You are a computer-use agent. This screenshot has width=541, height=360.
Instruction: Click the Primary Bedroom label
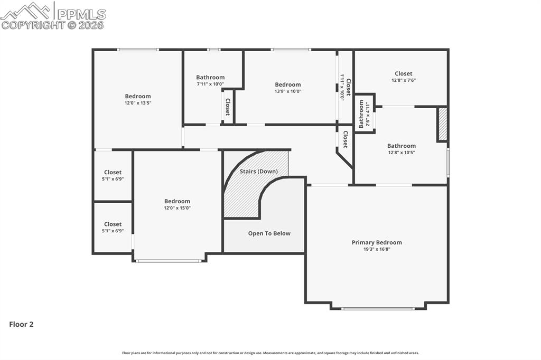tap(377, 242)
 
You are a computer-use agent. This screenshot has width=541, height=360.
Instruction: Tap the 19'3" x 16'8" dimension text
tap(377, 249)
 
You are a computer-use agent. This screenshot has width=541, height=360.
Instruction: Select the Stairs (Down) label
tap(258, 172)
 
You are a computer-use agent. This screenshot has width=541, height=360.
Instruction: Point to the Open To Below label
tap(269, 233)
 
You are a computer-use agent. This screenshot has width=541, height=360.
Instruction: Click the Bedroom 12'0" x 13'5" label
tap(137, 96)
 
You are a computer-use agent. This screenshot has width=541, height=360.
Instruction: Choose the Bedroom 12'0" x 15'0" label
tap(177, 201)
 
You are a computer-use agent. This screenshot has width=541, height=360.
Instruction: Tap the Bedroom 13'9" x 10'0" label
tap(288, 84)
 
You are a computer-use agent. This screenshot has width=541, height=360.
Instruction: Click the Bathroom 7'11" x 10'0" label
tap(210, 77)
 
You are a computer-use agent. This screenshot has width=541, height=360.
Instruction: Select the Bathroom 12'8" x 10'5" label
tap(401, 146)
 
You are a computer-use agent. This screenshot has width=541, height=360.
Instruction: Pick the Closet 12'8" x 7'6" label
tap(403, 74)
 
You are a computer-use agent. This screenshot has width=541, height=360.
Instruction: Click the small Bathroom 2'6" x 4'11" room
tap(365, 114)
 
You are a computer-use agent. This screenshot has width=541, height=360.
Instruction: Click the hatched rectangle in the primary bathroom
tap(443, 124)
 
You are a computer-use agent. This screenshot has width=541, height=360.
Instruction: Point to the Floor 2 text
tap(21, 325)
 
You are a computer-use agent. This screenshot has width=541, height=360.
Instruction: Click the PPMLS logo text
tap(81, 14)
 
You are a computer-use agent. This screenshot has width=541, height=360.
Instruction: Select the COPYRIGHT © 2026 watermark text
tap(52, 25)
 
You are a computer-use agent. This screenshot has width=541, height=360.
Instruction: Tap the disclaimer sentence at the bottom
tap(270, 353)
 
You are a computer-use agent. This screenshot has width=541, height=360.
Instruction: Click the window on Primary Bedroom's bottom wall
tap(378, 308)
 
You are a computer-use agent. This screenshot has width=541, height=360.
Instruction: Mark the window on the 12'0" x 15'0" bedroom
tap(169, 260)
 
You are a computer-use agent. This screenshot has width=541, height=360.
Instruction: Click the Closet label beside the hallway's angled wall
tap(345, 139)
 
